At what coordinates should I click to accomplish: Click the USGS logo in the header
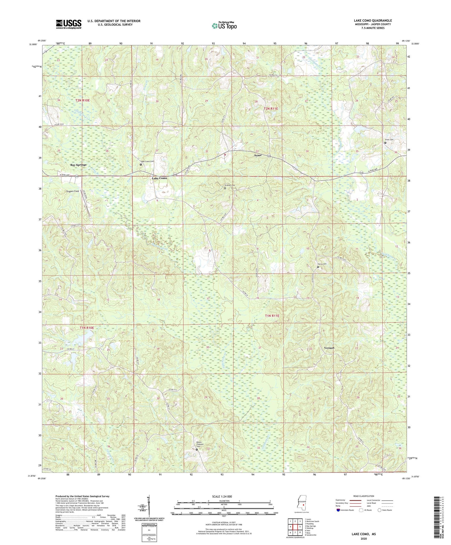(x=69, y=24)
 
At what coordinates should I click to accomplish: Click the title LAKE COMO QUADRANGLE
(x=373, y=21)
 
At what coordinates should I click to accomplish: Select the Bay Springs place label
(x=78, y=164)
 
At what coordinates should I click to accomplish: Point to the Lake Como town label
(x=159, y=178)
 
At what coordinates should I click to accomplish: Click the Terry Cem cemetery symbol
(x=318, y=267)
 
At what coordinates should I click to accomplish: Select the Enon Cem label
(x=389, y=140)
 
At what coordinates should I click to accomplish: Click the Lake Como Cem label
(x=148, y=161)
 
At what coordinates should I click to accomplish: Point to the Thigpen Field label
(x=72, y=191)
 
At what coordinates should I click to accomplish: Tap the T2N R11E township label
(x=271, y=109)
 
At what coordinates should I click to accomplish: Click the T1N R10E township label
(x=86, y=328)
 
